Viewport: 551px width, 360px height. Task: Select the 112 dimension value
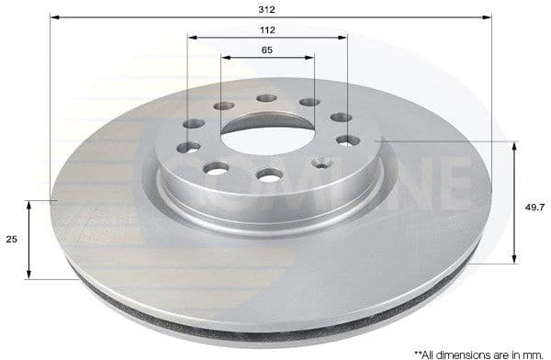(x=268, y=29)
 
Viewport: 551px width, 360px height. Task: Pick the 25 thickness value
(x=11, y=240)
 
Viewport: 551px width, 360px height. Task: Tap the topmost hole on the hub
(x=266, y=98)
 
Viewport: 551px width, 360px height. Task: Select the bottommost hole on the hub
(x=269, y=175)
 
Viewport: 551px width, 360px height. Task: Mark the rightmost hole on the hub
(x=348, y=141)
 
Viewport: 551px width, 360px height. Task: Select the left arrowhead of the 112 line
(x=191, y=38)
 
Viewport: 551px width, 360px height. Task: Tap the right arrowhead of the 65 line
(x=310, y=57)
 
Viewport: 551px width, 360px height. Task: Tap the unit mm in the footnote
(x=534, y=353)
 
